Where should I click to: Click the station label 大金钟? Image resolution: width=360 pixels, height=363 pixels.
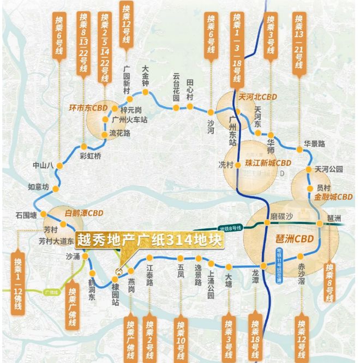[x=146, y=76]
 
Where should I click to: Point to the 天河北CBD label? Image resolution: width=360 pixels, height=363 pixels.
[x=257, y=97]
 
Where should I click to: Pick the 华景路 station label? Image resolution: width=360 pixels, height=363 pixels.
[x=315, y=144]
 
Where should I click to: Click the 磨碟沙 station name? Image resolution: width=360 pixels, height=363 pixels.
[x=281, y=216]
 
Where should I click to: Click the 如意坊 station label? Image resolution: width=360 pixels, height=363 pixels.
[x=38, y=187]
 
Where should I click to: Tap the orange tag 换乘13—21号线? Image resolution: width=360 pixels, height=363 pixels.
[x=298, y=41]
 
